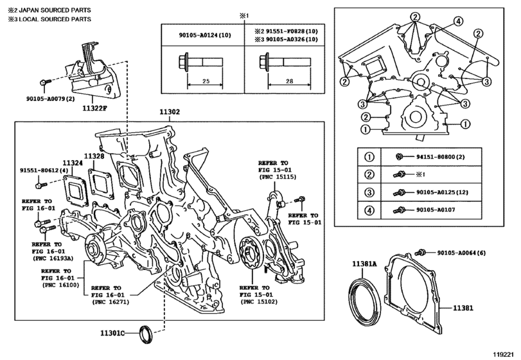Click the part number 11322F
coord(94,108)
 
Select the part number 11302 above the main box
coord(170,112)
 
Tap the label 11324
coord(73,163)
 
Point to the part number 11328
coord(94,156)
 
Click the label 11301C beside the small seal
coord(112,332)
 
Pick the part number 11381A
coord(364,264)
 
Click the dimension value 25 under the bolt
coord(206,81)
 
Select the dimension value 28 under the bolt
coord(289,81)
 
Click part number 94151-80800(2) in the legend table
coord(440,157)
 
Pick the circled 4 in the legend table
coord(369,210)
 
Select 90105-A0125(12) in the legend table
coord(442,192)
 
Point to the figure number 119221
coord(506,354)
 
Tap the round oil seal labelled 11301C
coord(146,334)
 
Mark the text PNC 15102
coord(258,302)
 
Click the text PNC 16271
coord(110,302)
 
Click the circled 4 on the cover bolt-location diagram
coord(458,22)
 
